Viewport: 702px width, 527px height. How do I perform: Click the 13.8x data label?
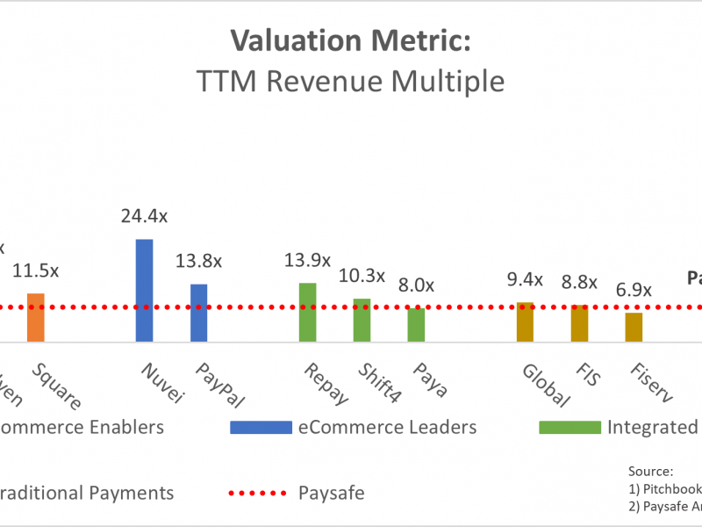199,261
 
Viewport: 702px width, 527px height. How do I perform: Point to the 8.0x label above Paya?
416,285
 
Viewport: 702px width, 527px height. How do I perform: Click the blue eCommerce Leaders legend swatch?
261,428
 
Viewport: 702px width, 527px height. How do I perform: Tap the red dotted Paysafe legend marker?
261,493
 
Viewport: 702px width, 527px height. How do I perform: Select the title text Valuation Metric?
350,40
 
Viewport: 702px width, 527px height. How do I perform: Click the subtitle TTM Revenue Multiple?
350,81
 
